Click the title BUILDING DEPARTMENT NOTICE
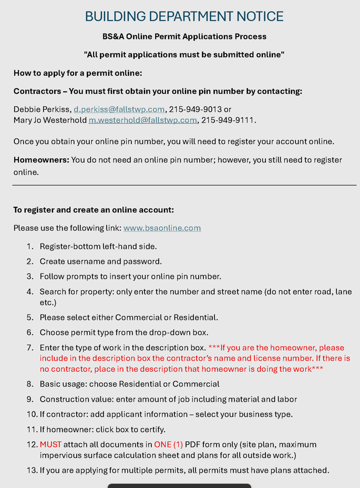coord(184,16)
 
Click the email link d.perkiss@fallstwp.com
coord(119,109)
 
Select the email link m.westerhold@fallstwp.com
coord(142,120)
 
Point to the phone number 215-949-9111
coord(228,120)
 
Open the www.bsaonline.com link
coord(162,228)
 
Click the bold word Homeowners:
coord(41,160)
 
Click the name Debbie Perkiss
coord(42,109)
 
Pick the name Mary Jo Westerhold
coord(50,120)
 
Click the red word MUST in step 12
coord(50,444)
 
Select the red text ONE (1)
coord(168,444)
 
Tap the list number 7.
coord(30,348)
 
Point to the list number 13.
coord(32,470)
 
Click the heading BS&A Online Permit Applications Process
coord(184,37)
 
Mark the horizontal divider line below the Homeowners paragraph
coord(184,185)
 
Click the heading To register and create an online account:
coord(94,210)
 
